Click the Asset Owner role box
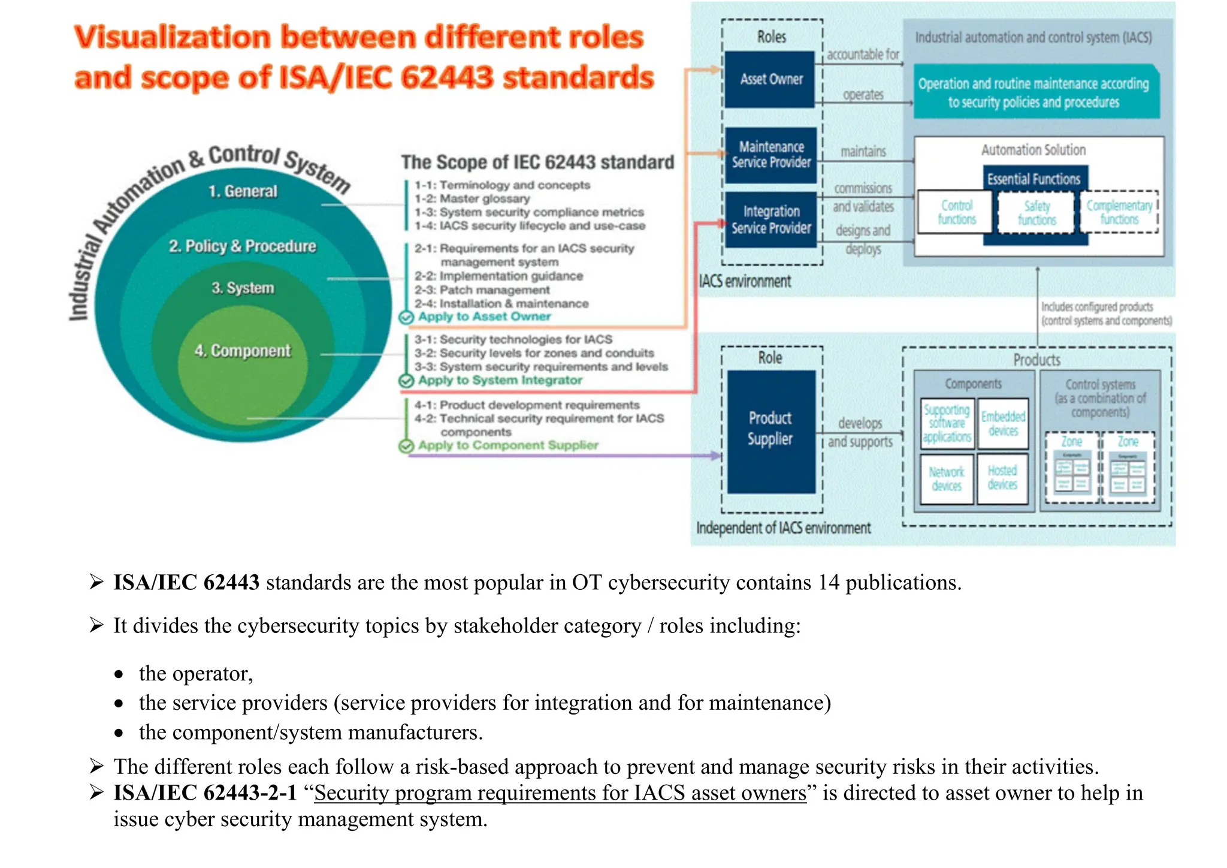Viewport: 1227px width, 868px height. (x=770, y=79)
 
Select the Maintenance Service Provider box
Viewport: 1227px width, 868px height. (x=770, y=155)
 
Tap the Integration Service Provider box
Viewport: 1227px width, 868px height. (x=770, y=219)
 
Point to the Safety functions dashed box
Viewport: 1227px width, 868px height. (x=1036, y=213)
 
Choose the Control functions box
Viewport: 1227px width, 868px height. (x=956, y=212)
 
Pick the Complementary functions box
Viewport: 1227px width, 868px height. (x=1119, y=212)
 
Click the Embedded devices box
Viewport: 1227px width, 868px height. (x=1003, y=423)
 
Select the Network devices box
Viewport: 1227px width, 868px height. (x=947, y=478)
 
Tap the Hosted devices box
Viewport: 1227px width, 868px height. (x=1002, y=478)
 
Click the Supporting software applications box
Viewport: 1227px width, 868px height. (x=947, y=423)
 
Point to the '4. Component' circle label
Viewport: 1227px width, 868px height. (x=243, y=351)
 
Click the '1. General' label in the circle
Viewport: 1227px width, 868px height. (x=243, y=191)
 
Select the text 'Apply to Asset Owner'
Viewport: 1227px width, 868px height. (x=484, y=317)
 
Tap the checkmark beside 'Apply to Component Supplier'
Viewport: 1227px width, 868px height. (x=406, y=446)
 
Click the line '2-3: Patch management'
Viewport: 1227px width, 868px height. (x=482, y=290)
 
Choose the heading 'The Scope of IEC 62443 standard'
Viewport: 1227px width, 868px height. (x=537, y=162)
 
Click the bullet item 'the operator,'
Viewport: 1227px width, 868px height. (x=196, y=674)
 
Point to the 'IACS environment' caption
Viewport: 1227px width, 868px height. (x=745, y=281)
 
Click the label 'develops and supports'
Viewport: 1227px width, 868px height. (x=860, y=433)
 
